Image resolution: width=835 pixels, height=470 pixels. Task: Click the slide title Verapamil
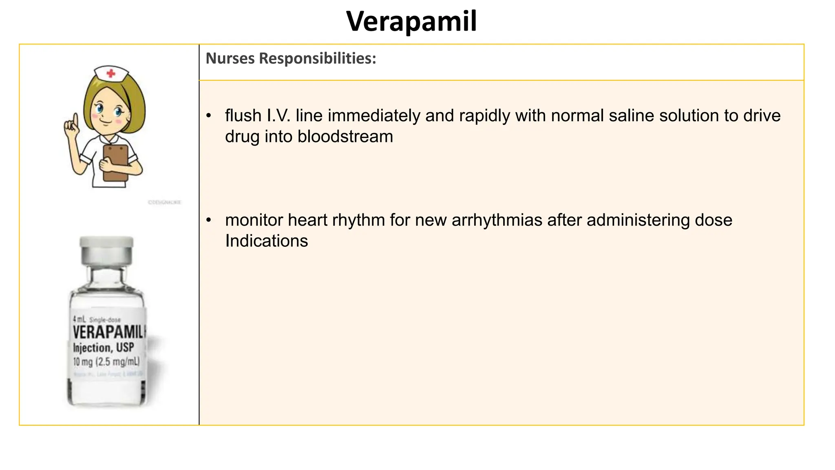point(411,21)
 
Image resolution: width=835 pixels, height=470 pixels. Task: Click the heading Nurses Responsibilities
point(291,58)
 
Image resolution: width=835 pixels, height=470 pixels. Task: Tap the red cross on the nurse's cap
point(110,73)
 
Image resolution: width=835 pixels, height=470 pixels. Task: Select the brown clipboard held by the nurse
point(116,162)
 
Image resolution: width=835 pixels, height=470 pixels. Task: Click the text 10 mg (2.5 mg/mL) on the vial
point(106,361)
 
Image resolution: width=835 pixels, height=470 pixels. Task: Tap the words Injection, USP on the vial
point(103,348)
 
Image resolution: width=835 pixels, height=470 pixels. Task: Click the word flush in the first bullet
point(243,116)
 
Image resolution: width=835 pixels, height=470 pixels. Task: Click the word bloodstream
point(345,137)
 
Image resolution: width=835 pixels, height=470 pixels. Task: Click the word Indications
point(266,241)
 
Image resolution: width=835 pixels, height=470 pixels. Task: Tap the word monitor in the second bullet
point(254,220)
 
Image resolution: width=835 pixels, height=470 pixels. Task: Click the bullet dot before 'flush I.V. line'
point(209,116)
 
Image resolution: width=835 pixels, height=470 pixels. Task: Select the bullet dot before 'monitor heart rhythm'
point(209,220)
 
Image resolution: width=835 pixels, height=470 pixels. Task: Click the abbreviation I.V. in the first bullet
point(278,116)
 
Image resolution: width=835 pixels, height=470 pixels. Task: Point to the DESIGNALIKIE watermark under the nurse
point(165,202)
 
